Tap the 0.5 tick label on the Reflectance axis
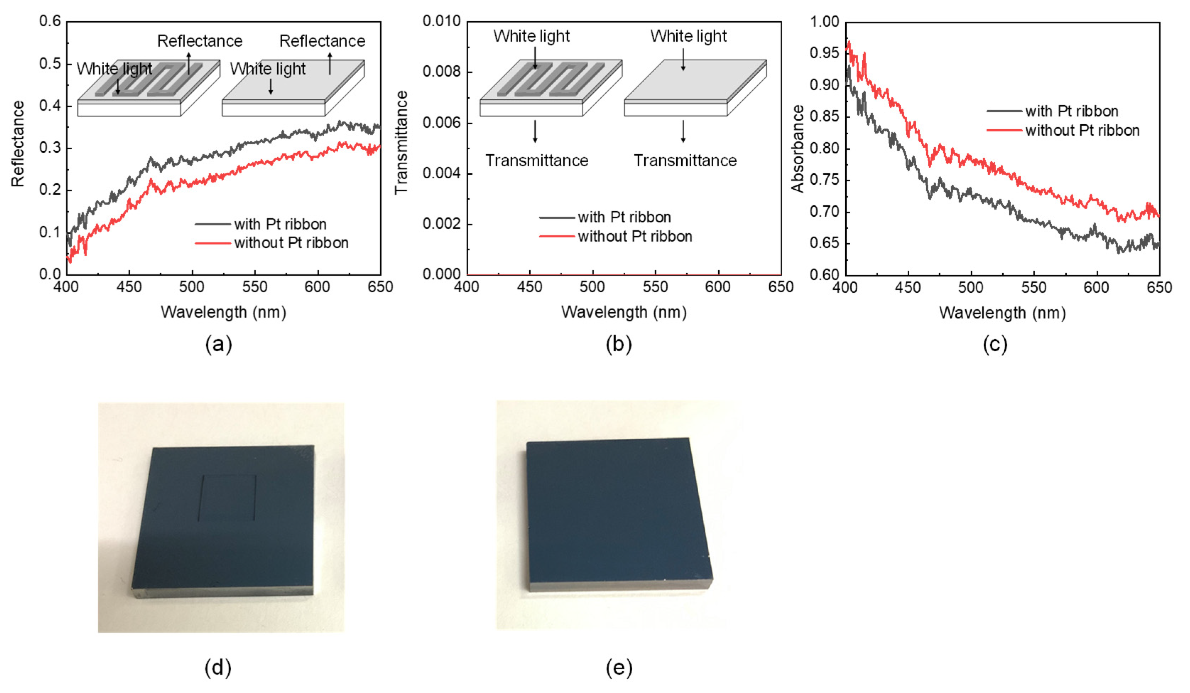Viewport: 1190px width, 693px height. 50,63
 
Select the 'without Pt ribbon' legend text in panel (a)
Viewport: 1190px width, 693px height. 291,243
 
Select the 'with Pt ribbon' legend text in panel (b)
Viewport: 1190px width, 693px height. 624,217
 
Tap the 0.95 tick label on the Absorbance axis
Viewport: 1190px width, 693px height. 824,53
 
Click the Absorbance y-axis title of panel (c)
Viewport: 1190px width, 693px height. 798,149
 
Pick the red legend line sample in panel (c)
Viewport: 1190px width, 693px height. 1004,130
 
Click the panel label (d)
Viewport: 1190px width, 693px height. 218,668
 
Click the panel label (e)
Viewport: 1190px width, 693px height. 619,668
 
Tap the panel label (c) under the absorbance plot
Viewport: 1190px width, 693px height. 995,344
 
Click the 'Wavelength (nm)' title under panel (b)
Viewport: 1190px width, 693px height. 624,312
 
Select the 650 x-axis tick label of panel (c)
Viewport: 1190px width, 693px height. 1159,288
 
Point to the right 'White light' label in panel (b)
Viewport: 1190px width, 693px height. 688,36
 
